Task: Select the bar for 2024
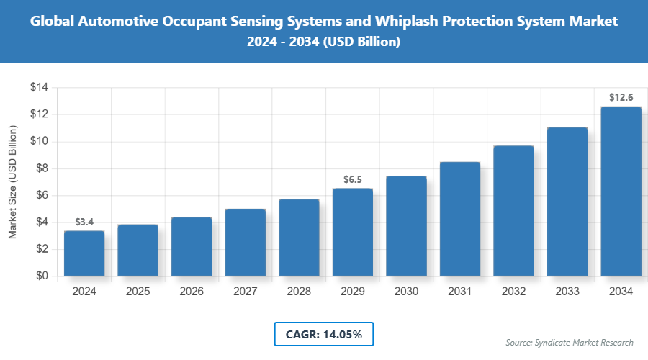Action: click(84, 253)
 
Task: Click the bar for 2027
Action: click(246, 243)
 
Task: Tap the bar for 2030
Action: click(407, 226)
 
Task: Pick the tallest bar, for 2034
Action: click(621, 192)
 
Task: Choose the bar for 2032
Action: click(513, 211)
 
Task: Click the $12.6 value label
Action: click(621, 97)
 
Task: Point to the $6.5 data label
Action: click(353, 179)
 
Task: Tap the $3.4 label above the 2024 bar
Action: click(84, 222)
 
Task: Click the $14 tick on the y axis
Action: click(39, 88)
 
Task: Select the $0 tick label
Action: click(42, 276)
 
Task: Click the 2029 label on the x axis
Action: click(353, 292)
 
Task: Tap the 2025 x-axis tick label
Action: click(138, 292)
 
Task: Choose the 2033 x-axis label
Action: click(567, 292)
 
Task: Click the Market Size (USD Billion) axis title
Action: click(13, 181)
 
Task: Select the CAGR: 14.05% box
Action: click(324, 334)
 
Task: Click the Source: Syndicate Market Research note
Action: click(570, 343)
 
